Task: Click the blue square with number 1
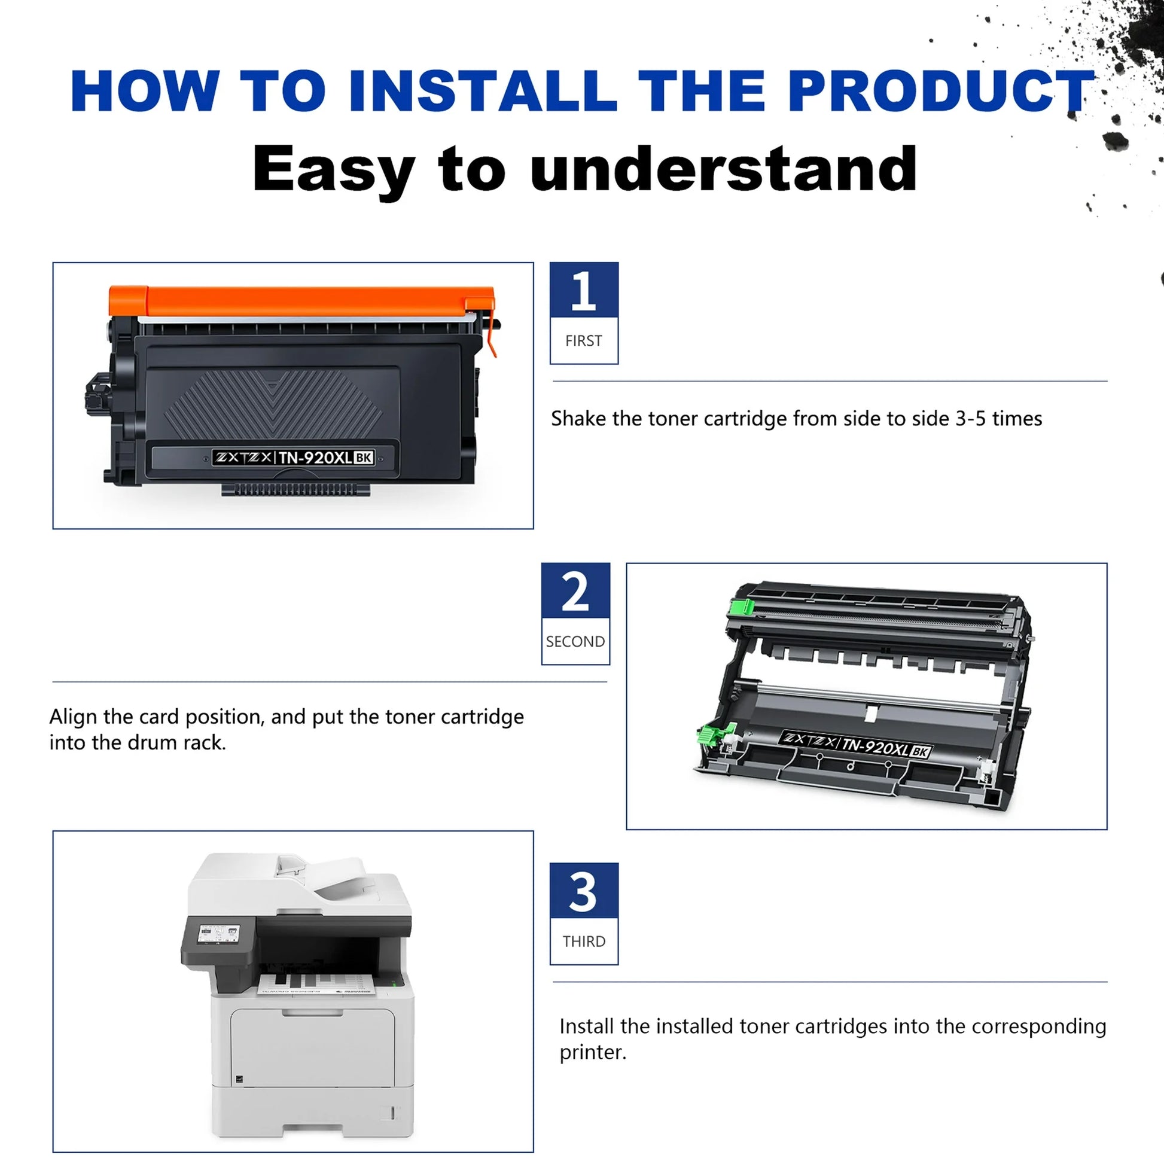coord(584,290)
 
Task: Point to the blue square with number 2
coord(575,590)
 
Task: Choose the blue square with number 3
coord(584,891)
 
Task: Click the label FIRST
coord(583,341)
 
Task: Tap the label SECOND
coord(575,642)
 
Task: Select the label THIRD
coord(584,941)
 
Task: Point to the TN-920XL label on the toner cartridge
coord(294,458)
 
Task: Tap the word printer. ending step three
coord(593,1053)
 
